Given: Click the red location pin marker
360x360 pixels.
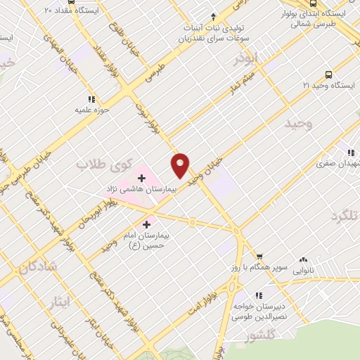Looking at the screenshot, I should tap(181, 165).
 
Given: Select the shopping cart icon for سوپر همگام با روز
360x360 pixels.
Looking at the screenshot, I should tap(259, 256).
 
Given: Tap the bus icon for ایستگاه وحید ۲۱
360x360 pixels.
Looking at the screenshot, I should tap(328, 75).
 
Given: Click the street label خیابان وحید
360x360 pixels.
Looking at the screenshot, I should tap(209, 169).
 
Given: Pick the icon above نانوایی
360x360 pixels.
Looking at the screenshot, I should tap(303, 259).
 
